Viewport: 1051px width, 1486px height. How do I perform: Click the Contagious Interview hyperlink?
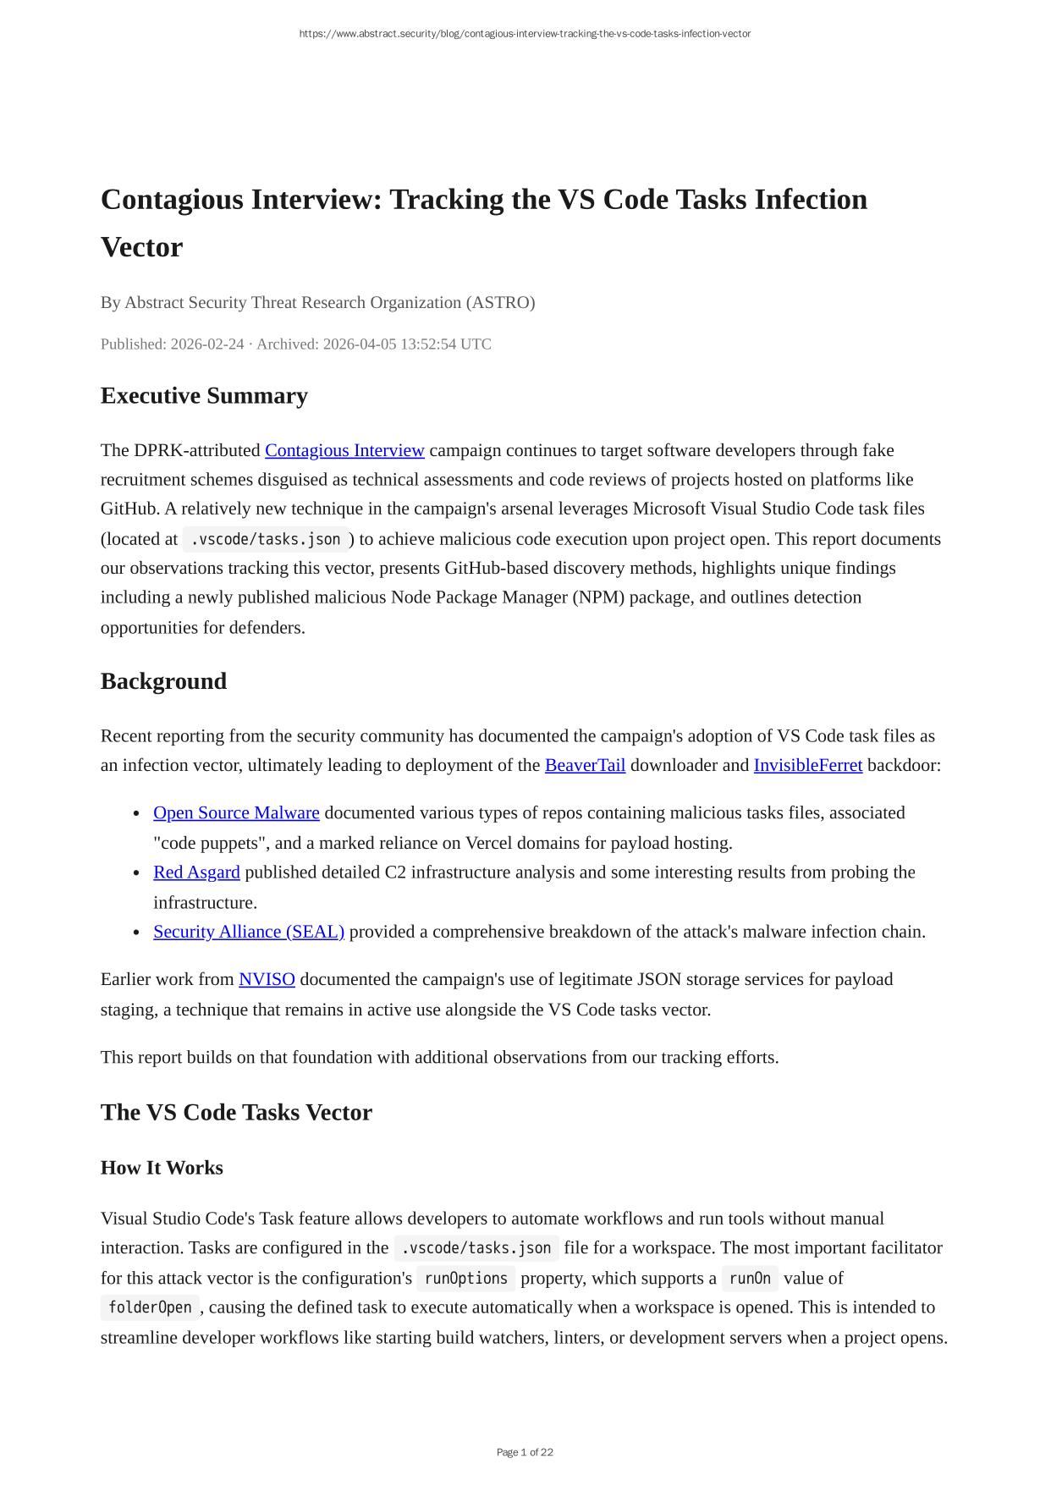(x=344, y=450)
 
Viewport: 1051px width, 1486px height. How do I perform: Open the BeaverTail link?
(x=585, y=765)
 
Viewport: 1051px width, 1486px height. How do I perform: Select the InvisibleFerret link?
(x=807, y=765)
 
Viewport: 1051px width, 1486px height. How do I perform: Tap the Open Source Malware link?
(x=236, y=812)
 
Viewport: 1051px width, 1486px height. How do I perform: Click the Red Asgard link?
(x=196, y=872)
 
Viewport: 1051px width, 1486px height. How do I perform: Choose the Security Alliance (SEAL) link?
(x=249, y=931)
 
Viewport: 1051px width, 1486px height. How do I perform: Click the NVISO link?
(x=267, y=979)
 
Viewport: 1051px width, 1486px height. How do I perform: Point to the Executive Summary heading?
(x=204, y=396)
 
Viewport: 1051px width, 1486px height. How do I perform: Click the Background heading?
(x=163, y=681)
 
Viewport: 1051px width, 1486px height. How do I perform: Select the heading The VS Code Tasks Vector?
(x=236, y=1112)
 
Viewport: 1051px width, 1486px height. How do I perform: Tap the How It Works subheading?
(x=162, y=1168)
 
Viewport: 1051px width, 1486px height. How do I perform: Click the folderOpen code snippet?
(x=150, y=1307)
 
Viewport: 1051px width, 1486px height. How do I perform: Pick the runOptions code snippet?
(x=465, y=1278)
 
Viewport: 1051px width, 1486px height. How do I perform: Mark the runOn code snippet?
(x=750, y=1278)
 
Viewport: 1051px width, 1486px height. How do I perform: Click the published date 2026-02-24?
(x=206, y=344)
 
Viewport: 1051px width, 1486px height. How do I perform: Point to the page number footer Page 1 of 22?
(x=525, y=1452)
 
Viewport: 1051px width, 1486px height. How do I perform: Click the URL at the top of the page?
(x=525, y=34)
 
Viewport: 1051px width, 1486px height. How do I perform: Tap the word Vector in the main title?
(x=141, y=247)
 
